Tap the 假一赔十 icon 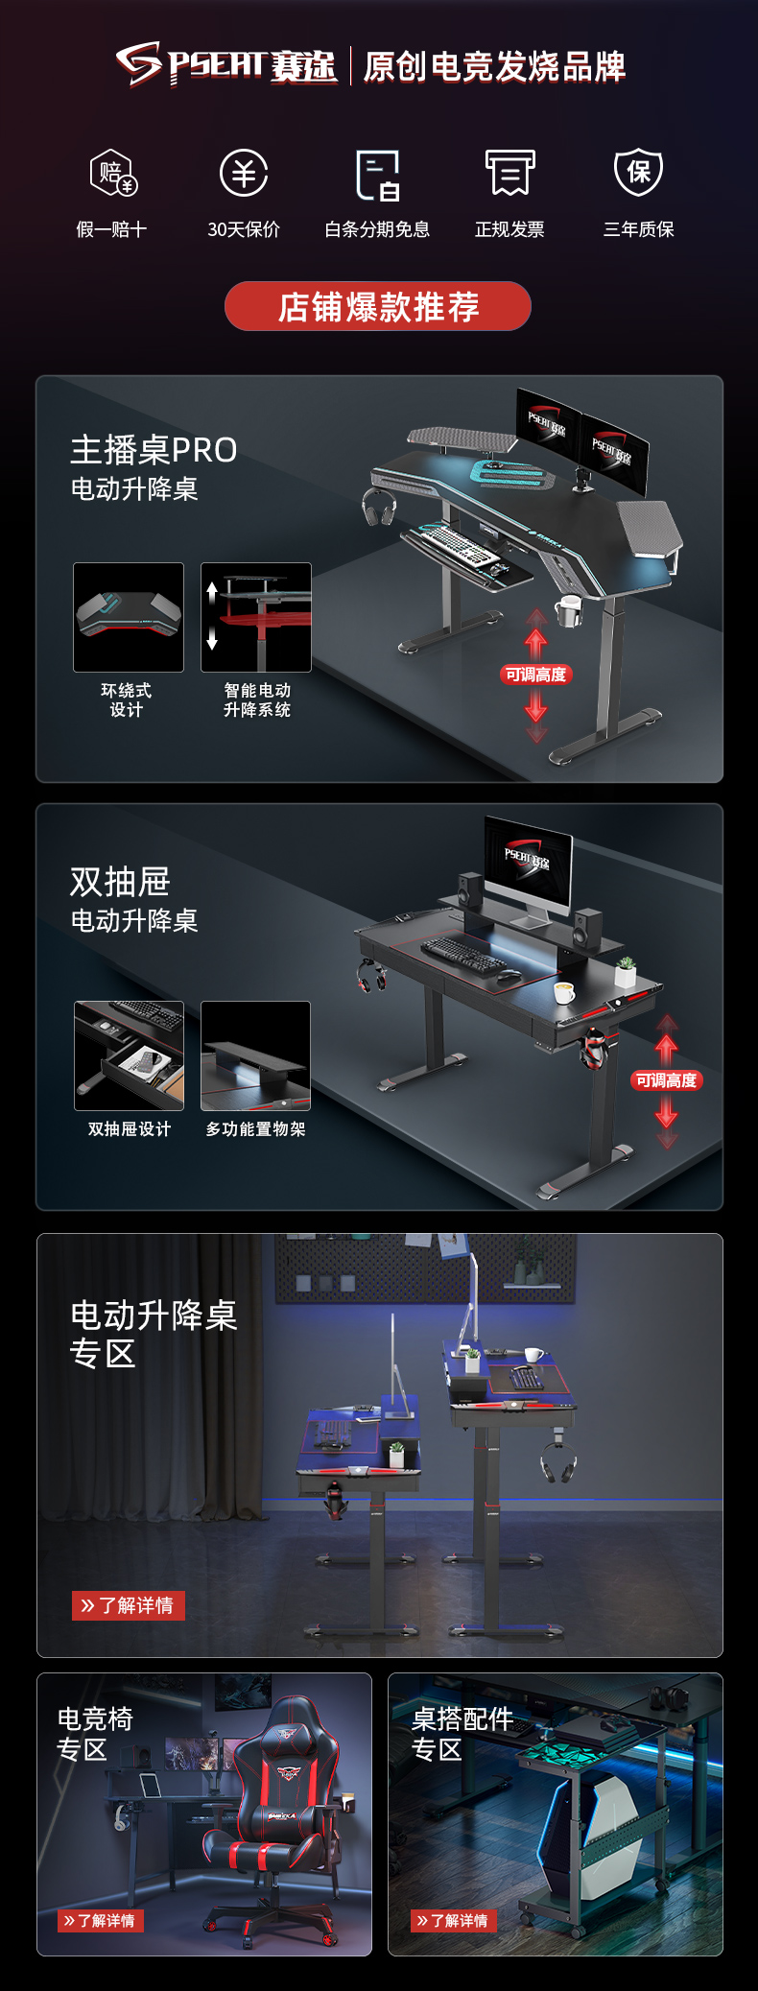tap(113, 173)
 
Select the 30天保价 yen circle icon tap(244, 173)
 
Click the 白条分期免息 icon tap(377, 175)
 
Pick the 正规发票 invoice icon tap(509, 173)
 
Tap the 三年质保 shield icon tap(639, 172)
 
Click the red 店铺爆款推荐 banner tap(378, 306)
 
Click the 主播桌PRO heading tap(154, 449)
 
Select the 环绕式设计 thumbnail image tap(129, 617)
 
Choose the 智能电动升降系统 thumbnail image tap(256, 617)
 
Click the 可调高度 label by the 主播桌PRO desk tap(536, 675)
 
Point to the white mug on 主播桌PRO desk tap(569, 610)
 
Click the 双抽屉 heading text tap(120, 881)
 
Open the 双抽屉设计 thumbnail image tap(129, 1055)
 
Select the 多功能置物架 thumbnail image tap(255, 1055)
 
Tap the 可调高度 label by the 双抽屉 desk tap(667, 1080)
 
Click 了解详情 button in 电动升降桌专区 tap(129, 1605)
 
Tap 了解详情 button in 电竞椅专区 tap(100, 1920)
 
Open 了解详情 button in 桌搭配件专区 tap(453, 1920)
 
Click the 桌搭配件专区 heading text tap(462, 1734)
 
